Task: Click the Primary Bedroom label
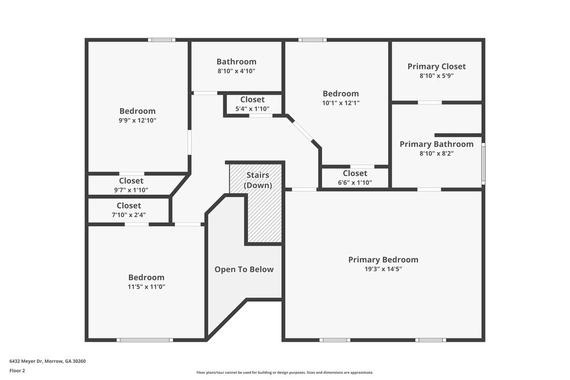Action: point(383,260)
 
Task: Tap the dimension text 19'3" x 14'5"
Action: point(383,269)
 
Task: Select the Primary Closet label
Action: point(437,67)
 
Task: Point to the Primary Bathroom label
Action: point(437,144)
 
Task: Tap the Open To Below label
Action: point(244,269)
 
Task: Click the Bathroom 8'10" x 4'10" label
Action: point(237,66)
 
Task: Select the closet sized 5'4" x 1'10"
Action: point(253,104)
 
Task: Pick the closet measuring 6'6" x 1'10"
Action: point(355,177)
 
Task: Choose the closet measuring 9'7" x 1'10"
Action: point(131,185)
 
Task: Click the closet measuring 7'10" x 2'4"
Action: point(129,210)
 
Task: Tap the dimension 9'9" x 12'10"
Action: point(137,120)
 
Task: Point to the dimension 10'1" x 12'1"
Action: point(341,103)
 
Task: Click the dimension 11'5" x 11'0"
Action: point(146,287)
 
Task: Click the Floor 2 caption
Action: point(17,370)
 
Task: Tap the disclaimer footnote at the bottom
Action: point(284,371)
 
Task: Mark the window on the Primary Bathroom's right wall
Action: point(483,163)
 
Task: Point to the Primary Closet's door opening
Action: point(430,103)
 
